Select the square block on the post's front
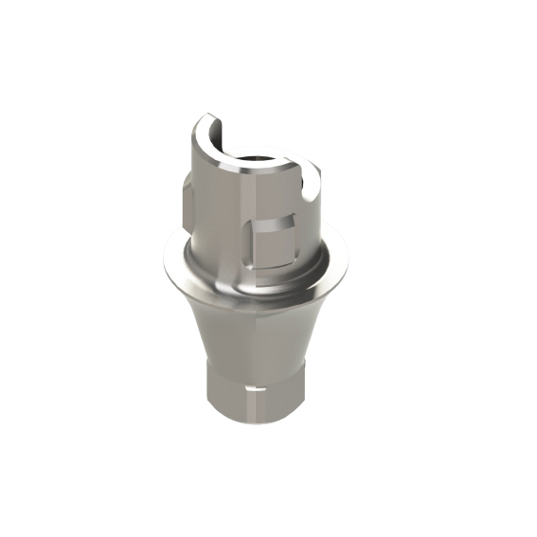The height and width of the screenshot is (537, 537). point(275,241)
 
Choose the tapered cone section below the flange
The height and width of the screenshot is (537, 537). point(256,327)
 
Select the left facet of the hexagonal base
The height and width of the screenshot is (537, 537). point(219,388)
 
